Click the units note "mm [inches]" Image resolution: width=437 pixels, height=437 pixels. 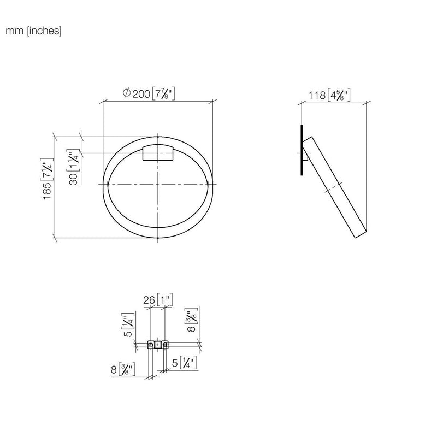(33, 31)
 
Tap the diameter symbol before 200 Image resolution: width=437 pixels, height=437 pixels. (127, 93)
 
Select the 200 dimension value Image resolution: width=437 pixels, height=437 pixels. (141, 94)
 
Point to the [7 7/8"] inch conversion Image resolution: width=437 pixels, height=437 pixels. (163, 93)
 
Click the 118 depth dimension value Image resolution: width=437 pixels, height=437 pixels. (317, 95)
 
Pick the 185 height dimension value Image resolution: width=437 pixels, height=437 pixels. (47, 191)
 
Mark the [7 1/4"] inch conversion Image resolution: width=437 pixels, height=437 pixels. (47, 169)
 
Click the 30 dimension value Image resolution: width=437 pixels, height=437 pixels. (74, 179)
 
